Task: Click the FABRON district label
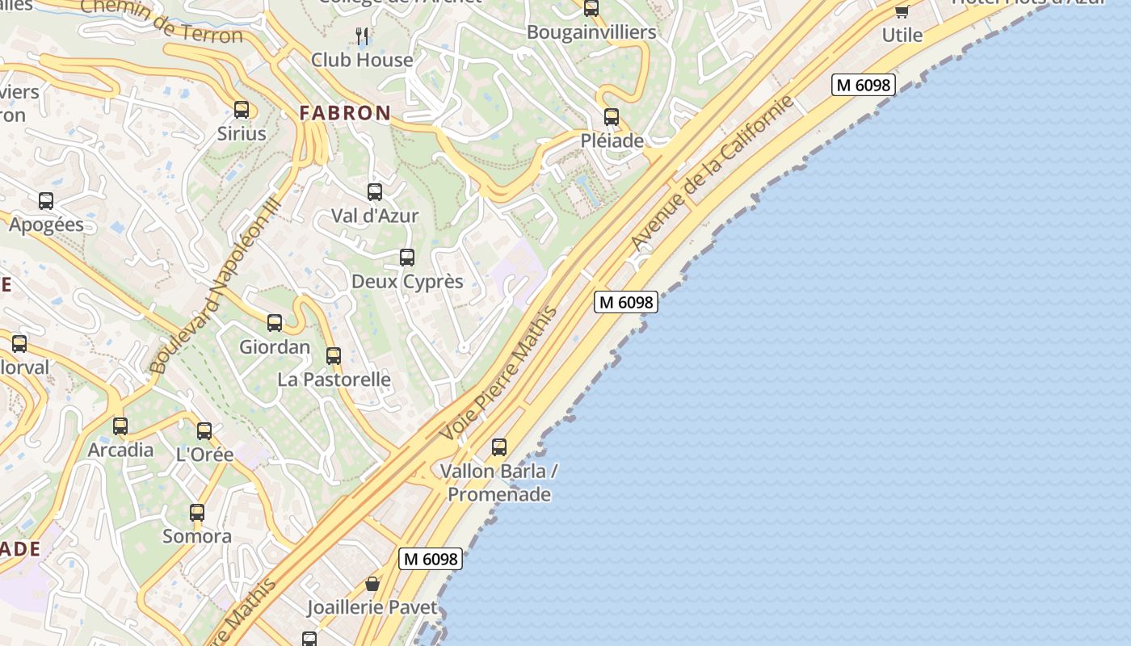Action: point(345,113)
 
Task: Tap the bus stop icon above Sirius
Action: point(242,110)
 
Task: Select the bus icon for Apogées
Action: point(46,201)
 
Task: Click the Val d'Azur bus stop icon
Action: point(375,192)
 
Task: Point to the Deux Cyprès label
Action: point(407,282)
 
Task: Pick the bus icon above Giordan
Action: point(275,323)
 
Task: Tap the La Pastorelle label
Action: point(334,380)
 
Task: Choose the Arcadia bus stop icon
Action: point(120,426)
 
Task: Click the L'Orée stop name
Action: point(204,455)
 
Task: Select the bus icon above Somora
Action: point(197,512)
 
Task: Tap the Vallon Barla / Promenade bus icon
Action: point(499,447)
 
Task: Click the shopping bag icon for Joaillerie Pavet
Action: point(372,583)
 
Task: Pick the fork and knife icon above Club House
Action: point(362,36)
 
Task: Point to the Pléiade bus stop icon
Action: point(612,117)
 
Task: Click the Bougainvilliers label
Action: point(591,33)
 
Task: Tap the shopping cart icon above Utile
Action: point(902,11)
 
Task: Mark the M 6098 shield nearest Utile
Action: point(864,85)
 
